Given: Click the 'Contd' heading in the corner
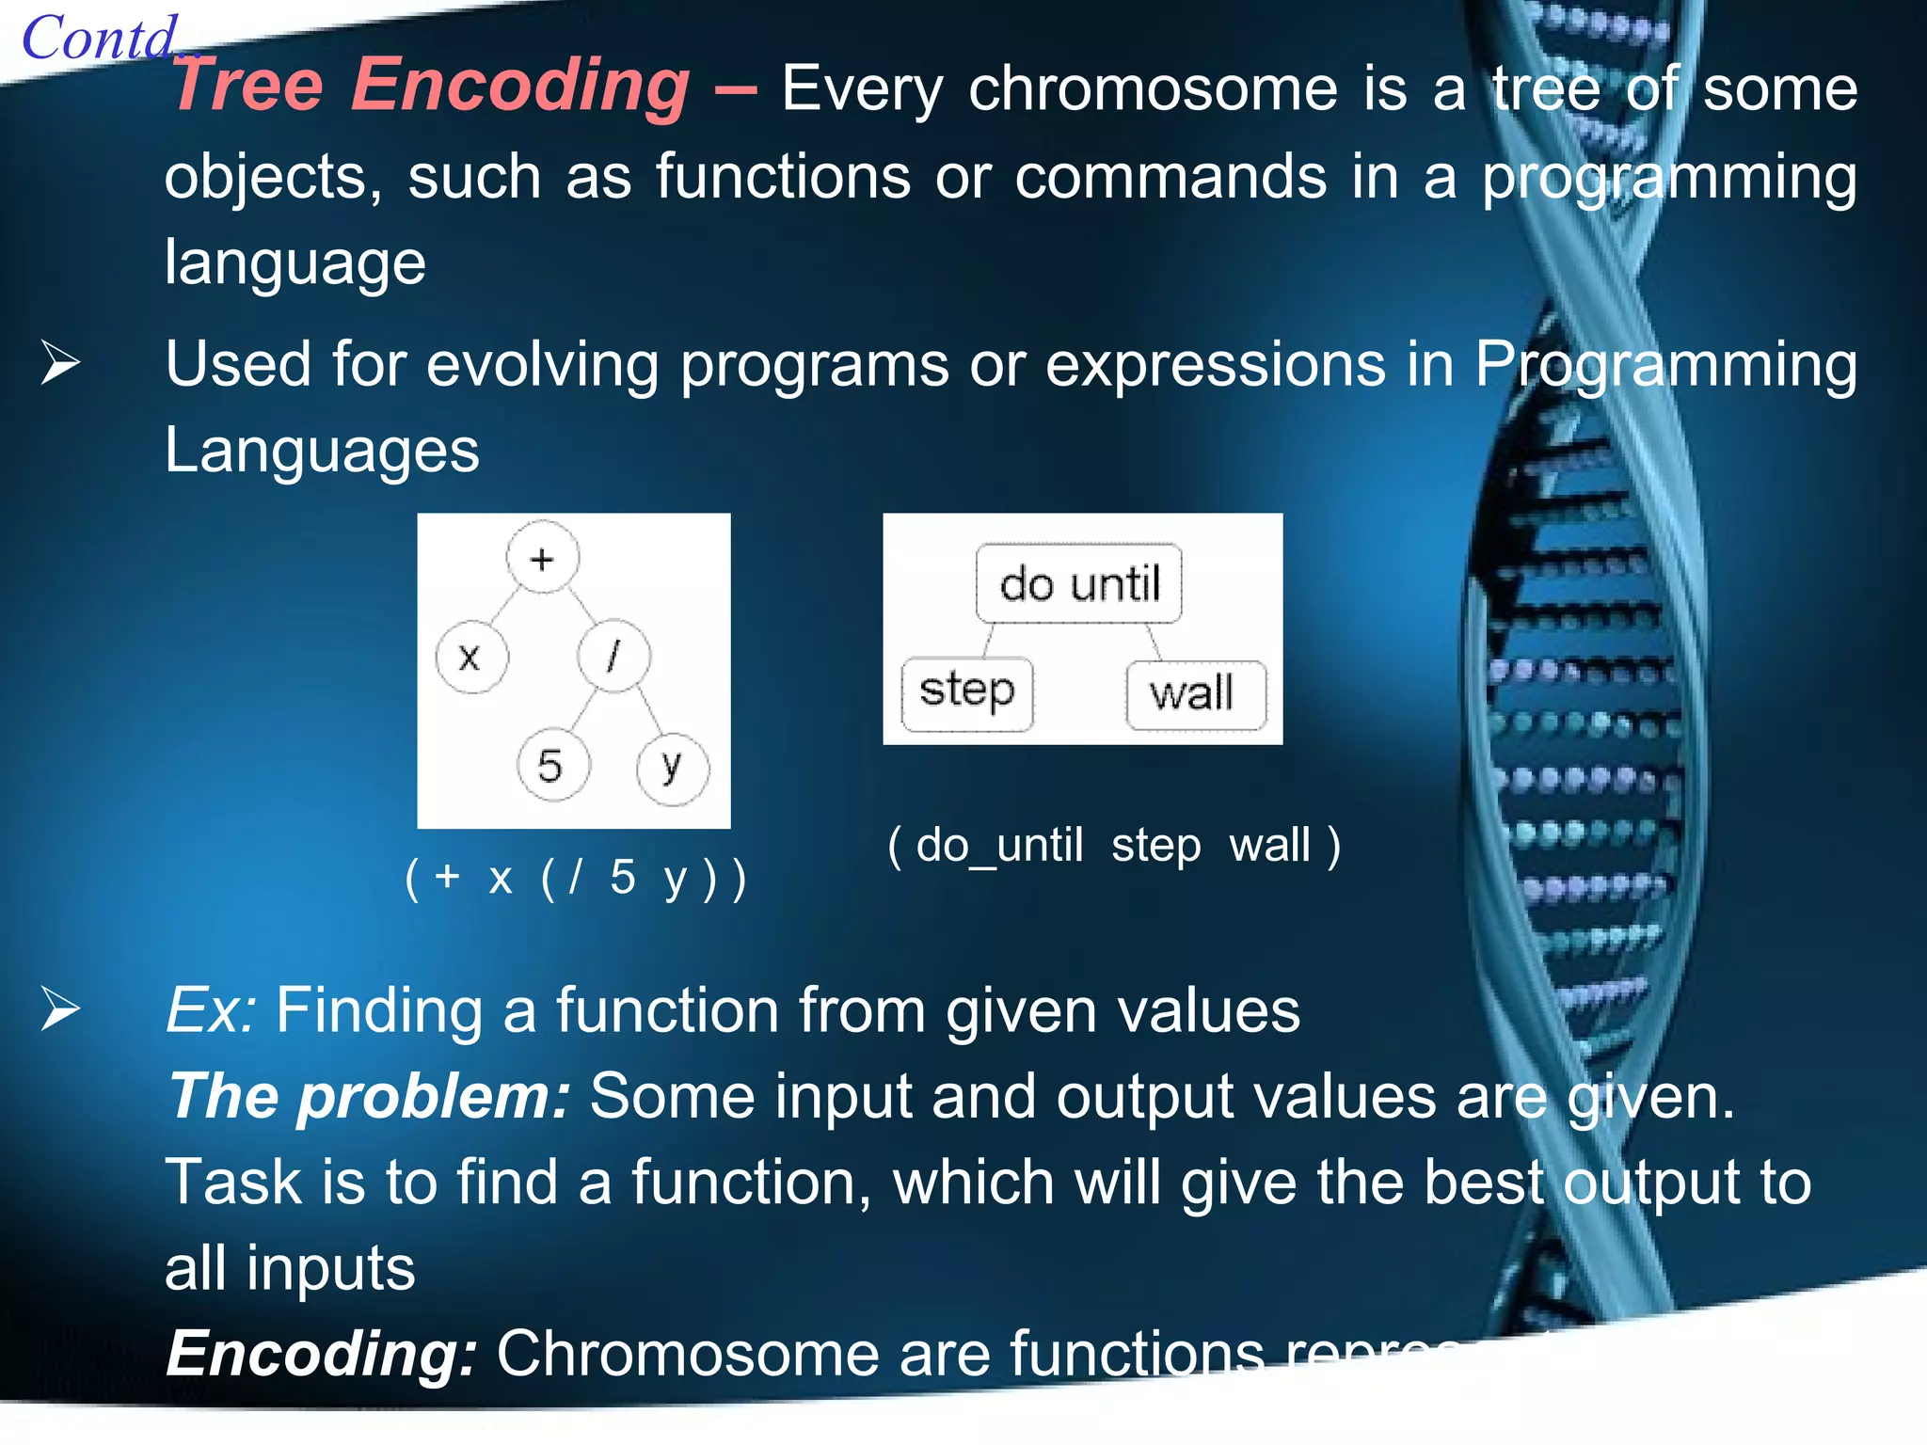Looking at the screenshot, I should pyautogui.click(x=99, y=40).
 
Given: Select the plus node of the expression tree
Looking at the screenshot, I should pyautogui.click(x=542, y=559).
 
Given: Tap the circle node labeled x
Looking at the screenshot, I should pyautogui.click(x=470, y=657).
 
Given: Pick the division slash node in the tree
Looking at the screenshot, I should pyautogui.click(x=613, y=656).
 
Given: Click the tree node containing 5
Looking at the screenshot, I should pyautogui.click(x=552, y=765).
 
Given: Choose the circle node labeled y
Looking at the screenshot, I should pyautogui.click(x=672, y=768).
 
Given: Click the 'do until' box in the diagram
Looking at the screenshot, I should pyautogui.click(x=1078, y=583).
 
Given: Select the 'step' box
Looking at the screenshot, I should pyautogui.click(x=966, y=692).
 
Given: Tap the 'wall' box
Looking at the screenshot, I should pyautogui.click(x=1194, y=694).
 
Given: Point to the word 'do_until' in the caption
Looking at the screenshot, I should pyautogui.click(x=999, y=845).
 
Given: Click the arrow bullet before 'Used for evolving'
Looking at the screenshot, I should pyautogui.click(x=60, y=364).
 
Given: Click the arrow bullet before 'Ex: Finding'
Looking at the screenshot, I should pyautogui.click(x=60, y=1010).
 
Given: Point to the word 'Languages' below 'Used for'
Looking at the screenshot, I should pyautogui.click(x=322, y=450).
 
